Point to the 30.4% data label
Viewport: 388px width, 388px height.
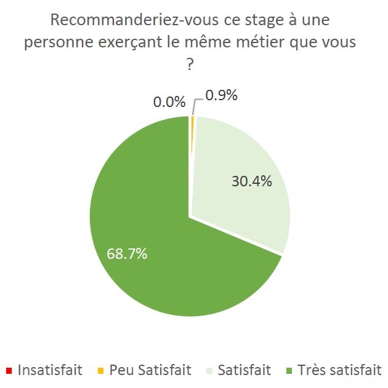pos(251,182)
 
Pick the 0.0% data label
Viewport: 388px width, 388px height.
pos(168,102)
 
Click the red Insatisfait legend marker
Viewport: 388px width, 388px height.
pos(8,370)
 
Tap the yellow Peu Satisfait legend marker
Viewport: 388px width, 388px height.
pos(100,370)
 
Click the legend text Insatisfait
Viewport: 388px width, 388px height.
pos(51,370)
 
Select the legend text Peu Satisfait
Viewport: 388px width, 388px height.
pos(150,370)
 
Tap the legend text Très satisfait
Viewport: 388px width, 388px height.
pos(339,370)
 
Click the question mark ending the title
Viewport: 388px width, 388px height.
pos(190,65)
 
